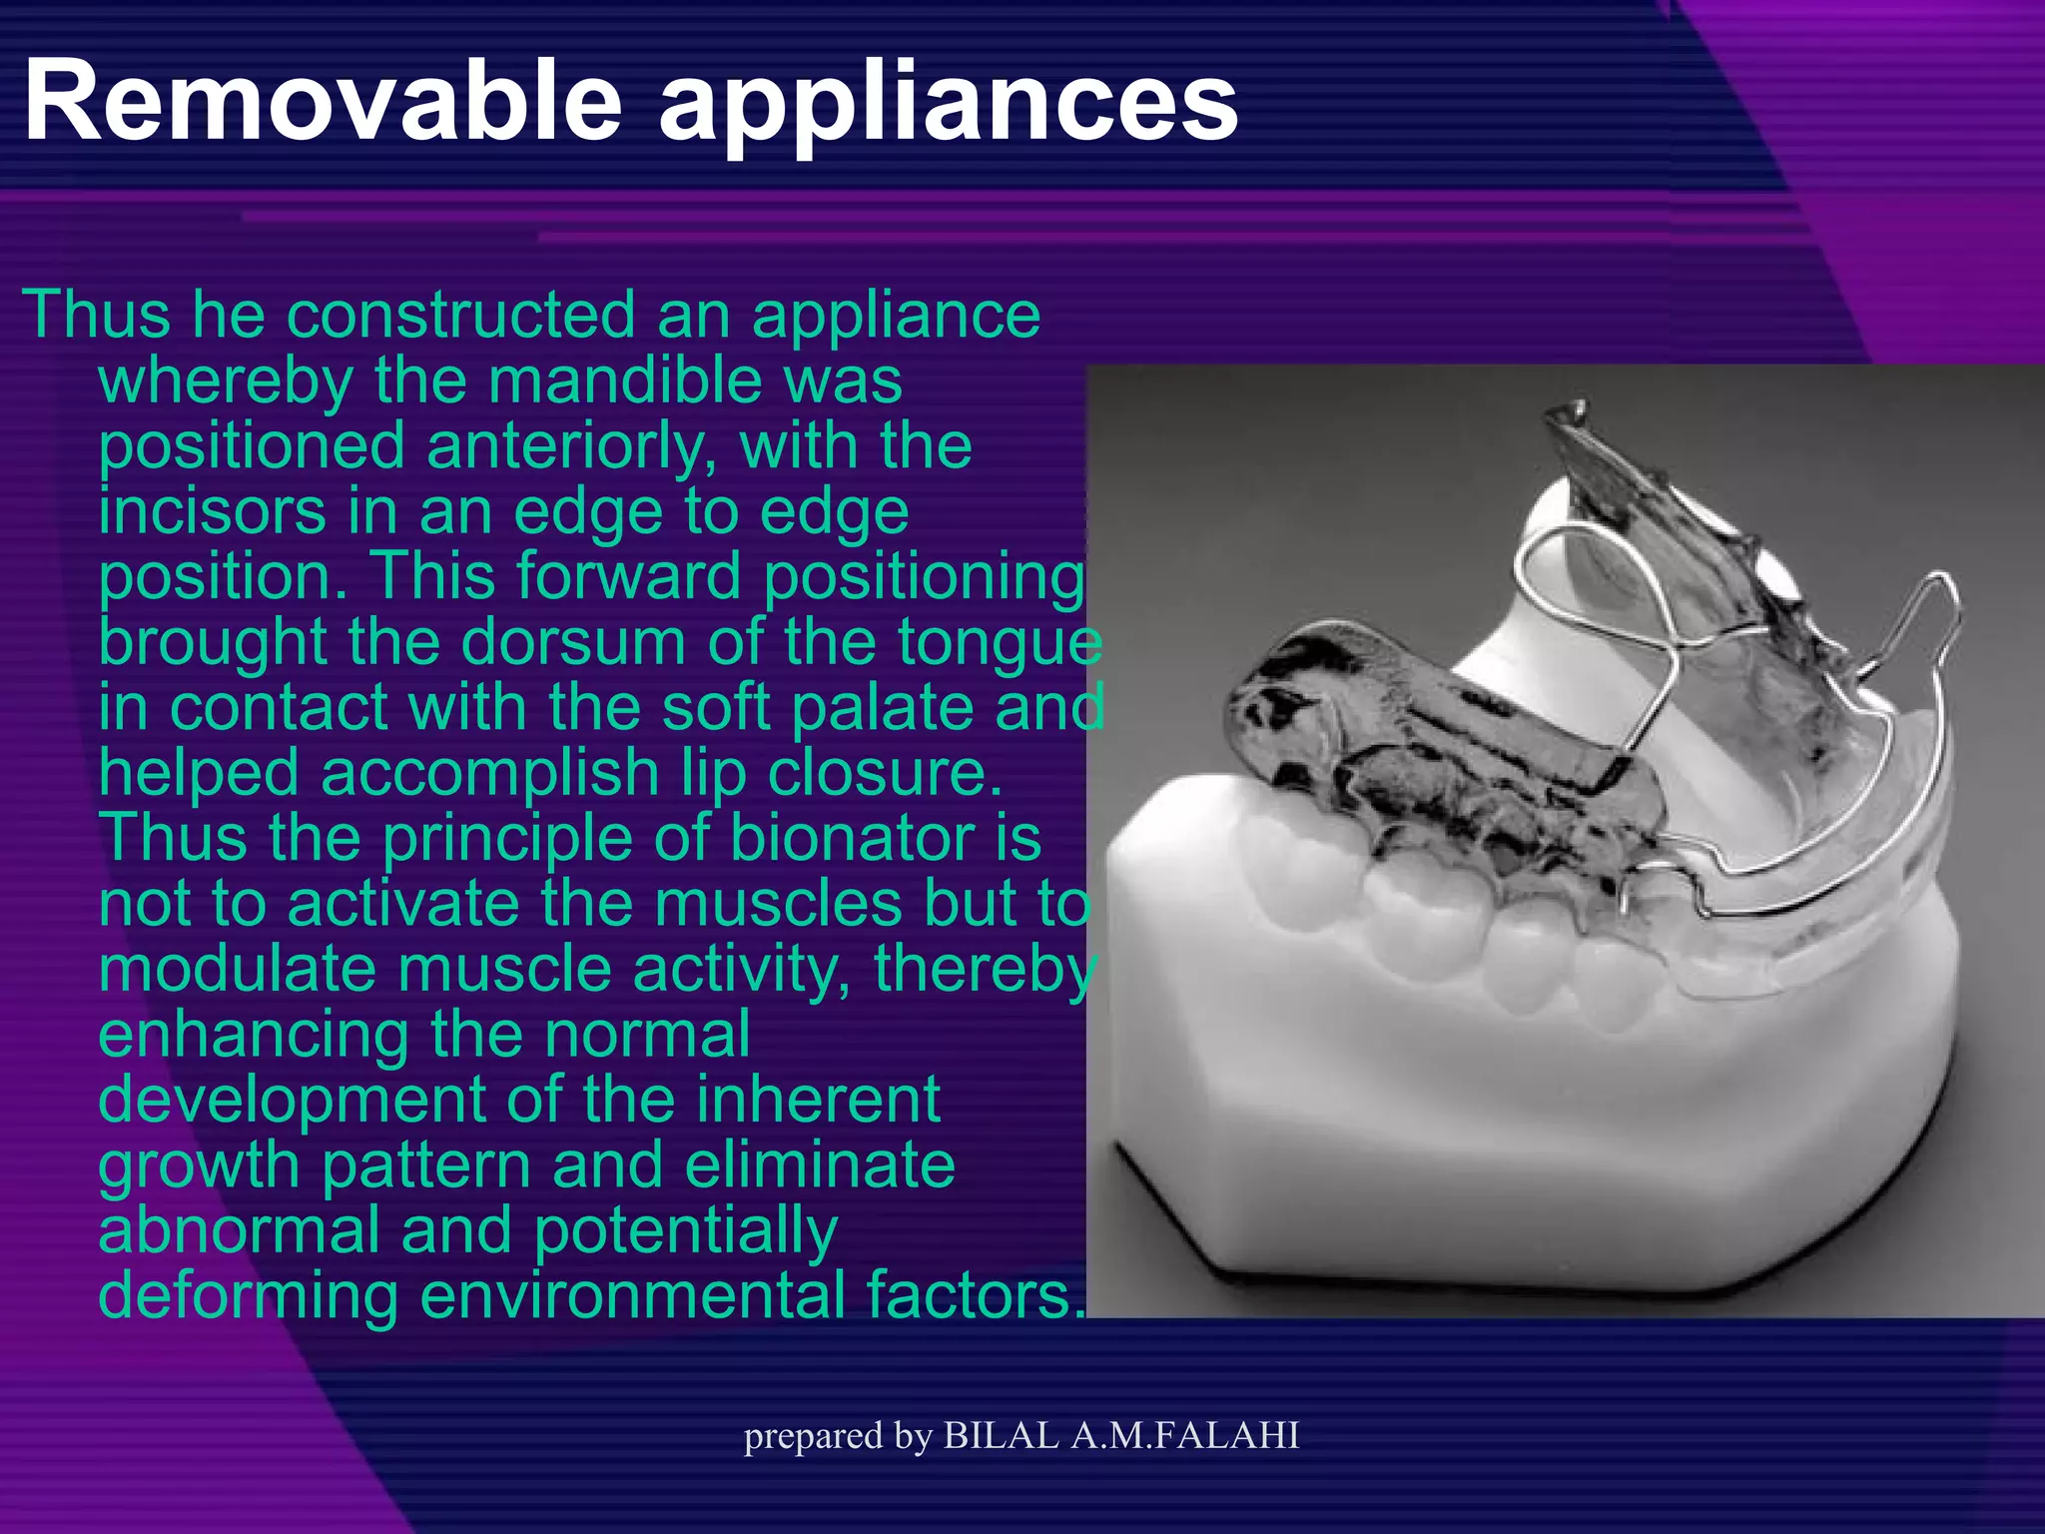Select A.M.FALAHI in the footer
point(1184,1435)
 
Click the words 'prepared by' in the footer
point(838,1437)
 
